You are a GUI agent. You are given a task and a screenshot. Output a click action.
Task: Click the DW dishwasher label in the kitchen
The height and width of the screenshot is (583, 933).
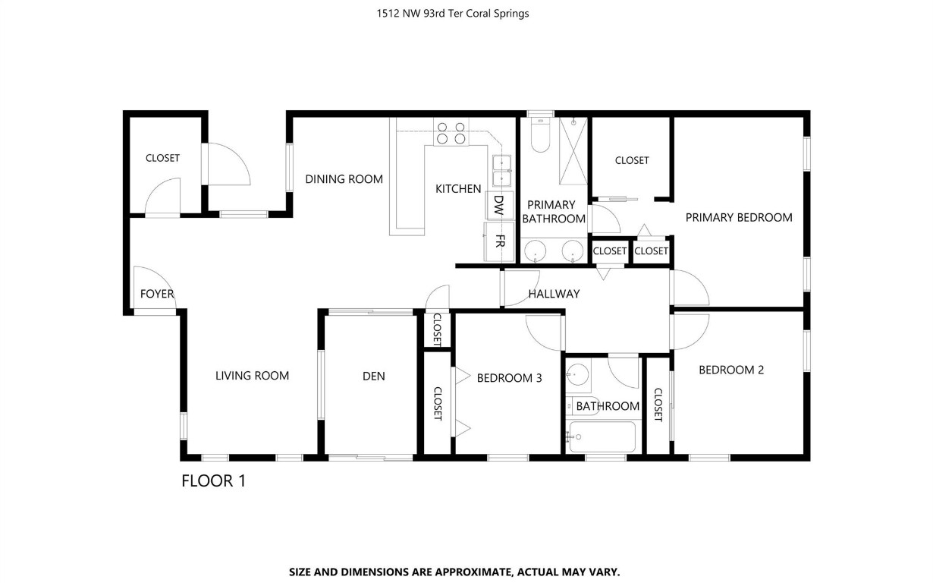pyautogui.click(x=498, y=206)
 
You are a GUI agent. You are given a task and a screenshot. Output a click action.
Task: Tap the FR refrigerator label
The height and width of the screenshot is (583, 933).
pyautogui.click(x=500, y=241)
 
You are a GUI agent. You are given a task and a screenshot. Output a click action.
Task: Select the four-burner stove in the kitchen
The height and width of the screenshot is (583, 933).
pyautogui.click(x=450, y=133)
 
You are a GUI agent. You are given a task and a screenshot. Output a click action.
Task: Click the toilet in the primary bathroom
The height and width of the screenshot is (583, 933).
pyautogui.click(x=540, y=136)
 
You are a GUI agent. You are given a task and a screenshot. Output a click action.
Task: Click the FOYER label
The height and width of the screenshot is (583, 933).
pyautogui.click(x=157, y=294)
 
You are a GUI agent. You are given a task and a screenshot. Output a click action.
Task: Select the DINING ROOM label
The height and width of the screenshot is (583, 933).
pyautogui.click(x=344, y=179)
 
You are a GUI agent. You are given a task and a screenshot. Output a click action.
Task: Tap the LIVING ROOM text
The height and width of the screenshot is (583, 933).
pyautogui.click(x=252, y=375)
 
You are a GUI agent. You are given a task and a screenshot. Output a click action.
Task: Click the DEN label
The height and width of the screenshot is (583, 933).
pyautogui.click(x=373, y=376)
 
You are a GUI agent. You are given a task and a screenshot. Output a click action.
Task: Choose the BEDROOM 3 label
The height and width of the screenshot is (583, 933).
pyautogui.click(x=509, y=377)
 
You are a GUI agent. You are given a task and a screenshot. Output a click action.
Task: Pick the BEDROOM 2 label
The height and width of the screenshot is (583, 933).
pyautogui.click(x=730, y=370)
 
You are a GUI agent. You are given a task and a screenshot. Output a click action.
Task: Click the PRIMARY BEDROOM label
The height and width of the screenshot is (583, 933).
pyautogui.click(x=738, y=217)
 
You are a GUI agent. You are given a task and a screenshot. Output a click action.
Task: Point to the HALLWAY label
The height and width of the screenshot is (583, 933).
pyautogui.click(x=554, y=294)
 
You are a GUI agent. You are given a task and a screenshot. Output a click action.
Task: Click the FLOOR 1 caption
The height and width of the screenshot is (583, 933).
pyautogui.click(x=213, y=481)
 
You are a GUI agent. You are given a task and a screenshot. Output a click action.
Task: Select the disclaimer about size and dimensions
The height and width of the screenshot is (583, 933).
pyautogui.click(x=454, y=572)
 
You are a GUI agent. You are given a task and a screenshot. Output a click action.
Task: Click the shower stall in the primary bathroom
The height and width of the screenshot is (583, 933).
pyautogui.click(x=574, y=150)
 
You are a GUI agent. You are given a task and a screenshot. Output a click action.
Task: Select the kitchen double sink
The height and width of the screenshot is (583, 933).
pyautogui.click(x=501, y=171)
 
